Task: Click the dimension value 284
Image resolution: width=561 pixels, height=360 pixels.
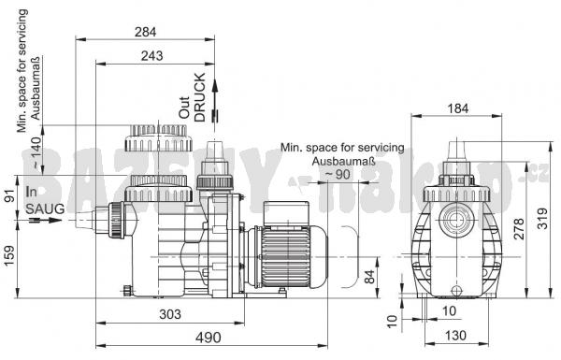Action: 145,32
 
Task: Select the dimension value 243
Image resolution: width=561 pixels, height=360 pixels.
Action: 151,56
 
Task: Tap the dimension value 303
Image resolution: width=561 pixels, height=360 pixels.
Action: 170,314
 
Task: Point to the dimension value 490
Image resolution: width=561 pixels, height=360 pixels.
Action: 208,338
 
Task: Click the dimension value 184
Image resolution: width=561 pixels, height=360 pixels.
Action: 458,108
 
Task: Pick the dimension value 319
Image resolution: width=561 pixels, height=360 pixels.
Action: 542,218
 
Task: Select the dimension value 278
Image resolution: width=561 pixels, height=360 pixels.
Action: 519,229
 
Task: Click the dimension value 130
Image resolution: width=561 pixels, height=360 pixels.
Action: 456,336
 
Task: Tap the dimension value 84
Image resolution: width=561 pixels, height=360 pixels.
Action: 369,277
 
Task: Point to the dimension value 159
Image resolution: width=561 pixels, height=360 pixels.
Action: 9,255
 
